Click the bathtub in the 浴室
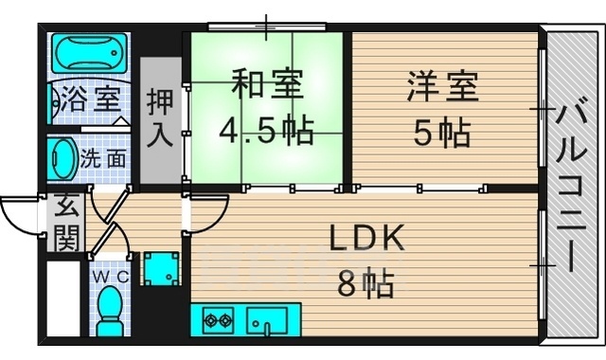89,53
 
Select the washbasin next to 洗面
62,159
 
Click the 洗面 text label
103,159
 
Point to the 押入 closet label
160,117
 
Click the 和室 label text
267,83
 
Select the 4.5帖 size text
266,131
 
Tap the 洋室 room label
443,87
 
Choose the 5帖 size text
442,133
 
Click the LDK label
366,238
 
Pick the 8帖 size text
366,283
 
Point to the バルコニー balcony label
572,188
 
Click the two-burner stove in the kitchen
218,320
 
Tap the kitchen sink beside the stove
267,321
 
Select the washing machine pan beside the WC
162,269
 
